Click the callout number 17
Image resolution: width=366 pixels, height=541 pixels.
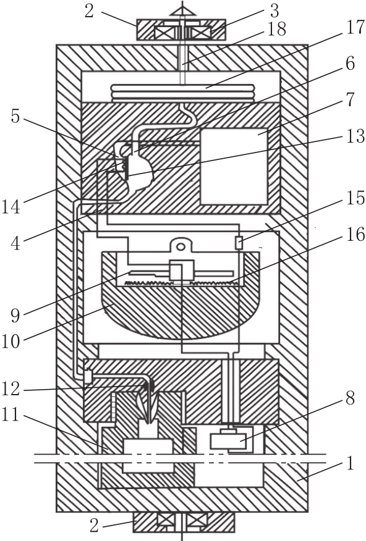355,28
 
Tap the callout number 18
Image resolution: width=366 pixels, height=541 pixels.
276,29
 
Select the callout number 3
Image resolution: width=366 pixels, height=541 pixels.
274,11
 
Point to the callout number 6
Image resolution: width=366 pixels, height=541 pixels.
350,63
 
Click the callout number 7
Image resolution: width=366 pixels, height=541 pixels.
350,99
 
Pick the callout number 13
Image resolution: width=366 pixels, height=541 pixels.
355,136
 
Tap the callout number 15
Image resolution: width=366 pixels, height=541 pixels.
355,198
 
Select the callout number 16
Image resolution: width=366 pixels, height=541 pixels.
355,235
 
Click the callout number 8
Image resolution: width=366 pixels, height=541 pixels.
350,398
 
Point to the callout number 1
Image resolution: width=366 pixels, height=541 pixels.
351,463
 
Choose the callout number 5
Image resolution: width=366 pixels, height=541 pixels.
15,116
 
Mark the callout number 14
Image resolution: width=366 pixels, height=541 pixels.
11,207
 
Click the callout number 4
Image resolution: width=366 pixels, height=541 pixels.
15,243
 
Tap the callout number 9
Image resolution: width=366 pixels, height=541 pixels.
15,315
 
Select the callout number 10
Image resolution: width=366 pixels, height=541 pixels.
11,342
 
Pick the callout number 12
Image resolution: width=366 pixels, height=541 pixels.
11,388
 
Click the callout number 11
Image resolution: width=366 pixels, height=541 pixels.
11,415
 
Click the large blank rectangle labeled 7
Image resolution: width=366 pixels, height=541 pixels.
234,166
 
